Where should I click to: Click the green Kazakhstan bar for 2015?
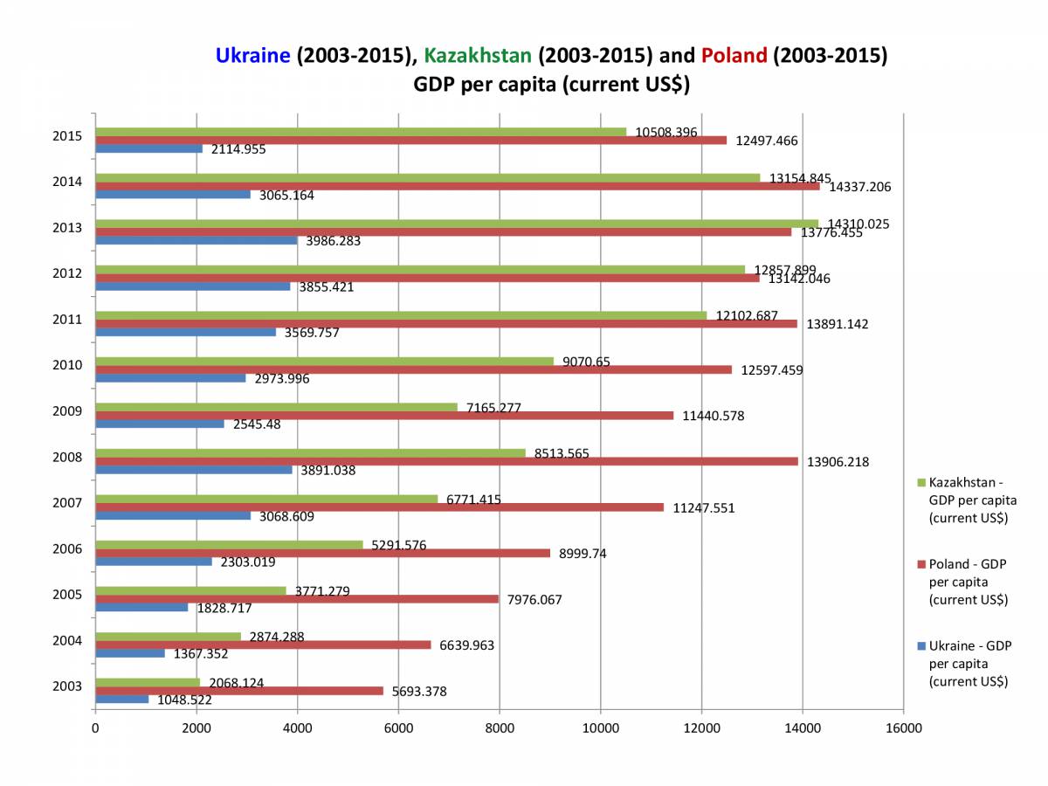point(361,132)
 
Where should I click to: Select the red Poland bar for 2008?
point(446,461)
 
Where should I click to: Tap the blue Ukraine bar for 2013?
point(196,240)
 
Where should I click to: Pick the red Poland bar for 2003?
point(239,691)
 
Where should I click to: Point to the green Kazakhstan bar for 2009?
point(276,407)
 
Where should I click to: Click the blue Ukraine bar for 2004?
point(130,653)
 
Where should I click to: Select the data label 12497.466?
point(765,141)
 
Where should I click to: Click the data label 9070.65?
point(585,362)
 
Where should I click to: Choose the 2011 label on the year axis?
point(68,320)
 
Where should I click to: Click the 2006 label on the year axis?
point(68,549)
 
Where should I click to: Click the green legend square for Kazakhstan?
point(922,482)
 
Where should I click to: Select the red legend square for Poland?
point(922,564)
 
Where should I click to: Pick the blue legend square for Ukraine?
point(922,646)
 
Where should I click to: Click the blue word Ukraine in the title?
point(252,56)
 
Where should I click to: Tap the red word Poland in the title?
point(734,56)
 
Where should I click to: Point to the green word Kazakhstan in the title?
point(477,56)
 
